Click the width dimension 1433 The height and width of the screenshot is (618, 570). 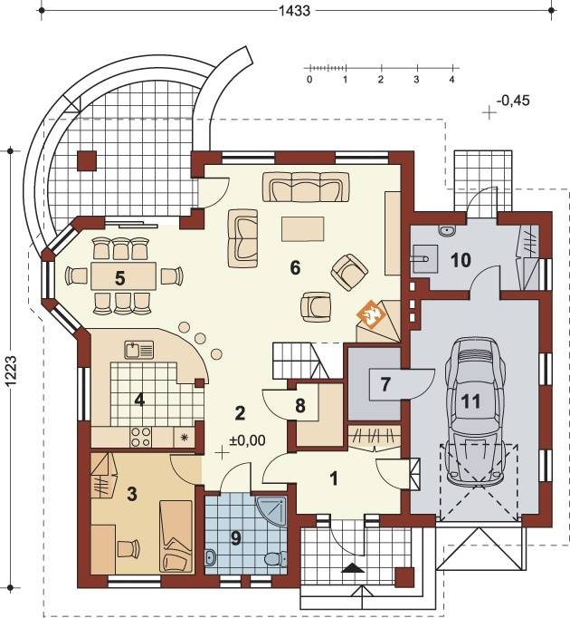294,11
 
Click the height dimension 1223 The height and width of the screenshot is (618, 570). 11,374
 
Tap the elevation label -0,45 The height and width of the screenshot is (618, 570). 513,101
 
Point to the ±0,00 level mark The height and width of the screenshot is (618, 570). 247,440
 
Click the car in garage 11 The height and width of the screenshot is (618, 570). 475,412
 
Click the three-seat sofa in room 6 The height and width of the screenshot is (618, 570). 306,187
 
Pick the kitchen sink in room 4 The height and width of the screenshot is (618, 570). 139,350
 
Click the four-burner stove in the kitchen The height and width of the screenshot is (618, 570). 140,437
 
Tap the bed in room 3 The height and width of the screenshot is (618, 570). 176,536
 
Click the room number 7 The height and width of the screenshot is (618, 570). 385,384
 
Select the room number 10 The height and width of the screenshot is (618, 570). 461,260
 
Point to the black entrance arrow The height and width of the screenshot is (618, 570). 353,568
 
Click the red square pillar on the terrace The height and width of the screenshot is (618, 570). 87,160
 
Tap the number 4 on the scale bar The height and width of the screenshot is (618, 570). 451,80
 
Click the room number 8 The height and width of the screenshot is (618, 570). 300,406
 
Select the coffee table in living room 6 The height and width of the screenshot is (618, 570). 303,228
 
